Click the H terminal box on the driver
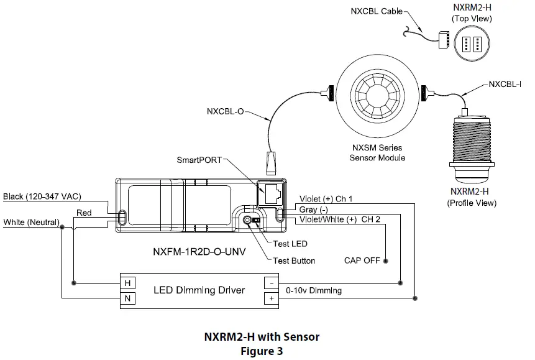tap(127, 283)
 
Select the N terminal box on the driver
tap(127, 299)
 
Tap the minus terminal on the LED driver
tap(272, 283)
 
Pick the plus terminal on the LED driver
tap(272, 299)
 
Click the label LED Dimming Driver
tap(199, 290)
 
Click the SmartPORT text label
tap(198, 160)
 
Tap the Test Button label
tap(294, 261)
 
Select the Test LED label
tap(290, 244)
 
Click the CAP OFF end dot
tap(386, 261)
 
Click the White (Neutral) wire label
tap(31, 222)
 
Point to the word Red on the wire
tap(84, 213)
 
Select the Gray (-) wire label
tap(314, 210)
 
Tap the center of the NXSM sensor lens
tap(377, 90)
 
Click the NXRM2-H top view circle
tap(471, 44)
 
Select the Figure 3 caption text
tap(262, 351)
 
